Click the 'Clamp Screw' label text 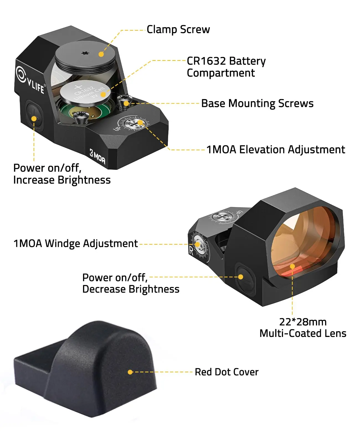coord(178,30)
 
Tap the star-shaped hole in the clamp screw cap coord(85,53)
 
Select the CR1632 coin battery coord(85,92)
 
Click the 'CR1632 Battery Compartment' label coord(226,67)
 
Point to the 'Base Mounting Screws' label coord(257,103)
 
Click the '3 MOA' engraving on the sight coord(97,156)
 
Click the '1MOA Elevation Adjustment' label coord(276,150)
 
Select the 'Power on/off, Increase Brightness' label coord(62,174)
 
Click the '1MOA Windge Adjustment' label coord(76,243)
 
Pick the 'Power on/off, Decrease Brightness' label coord(131,283)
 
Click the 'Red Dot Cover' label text coord(227,372)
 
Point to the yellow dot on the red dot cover coord(130,372)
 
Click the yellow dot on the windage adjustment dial coord(197,244)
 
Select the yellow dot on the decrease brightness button coord(241,277)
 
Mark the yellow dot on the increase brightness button coord(34,119)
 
